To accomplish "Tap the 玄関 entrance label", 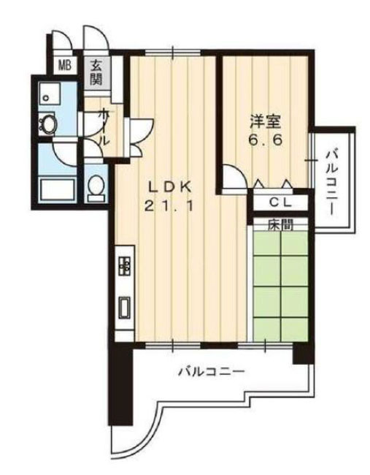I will pyautogui.click(x=97, y=71).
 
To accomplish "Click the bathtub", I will pyautogui.click(x=58, y=191).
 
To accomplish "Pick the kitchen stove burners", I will pyautogui.click(x=123, y=265).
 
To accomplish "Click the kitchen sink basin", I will pyautogui.click(x=123, y=307).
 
